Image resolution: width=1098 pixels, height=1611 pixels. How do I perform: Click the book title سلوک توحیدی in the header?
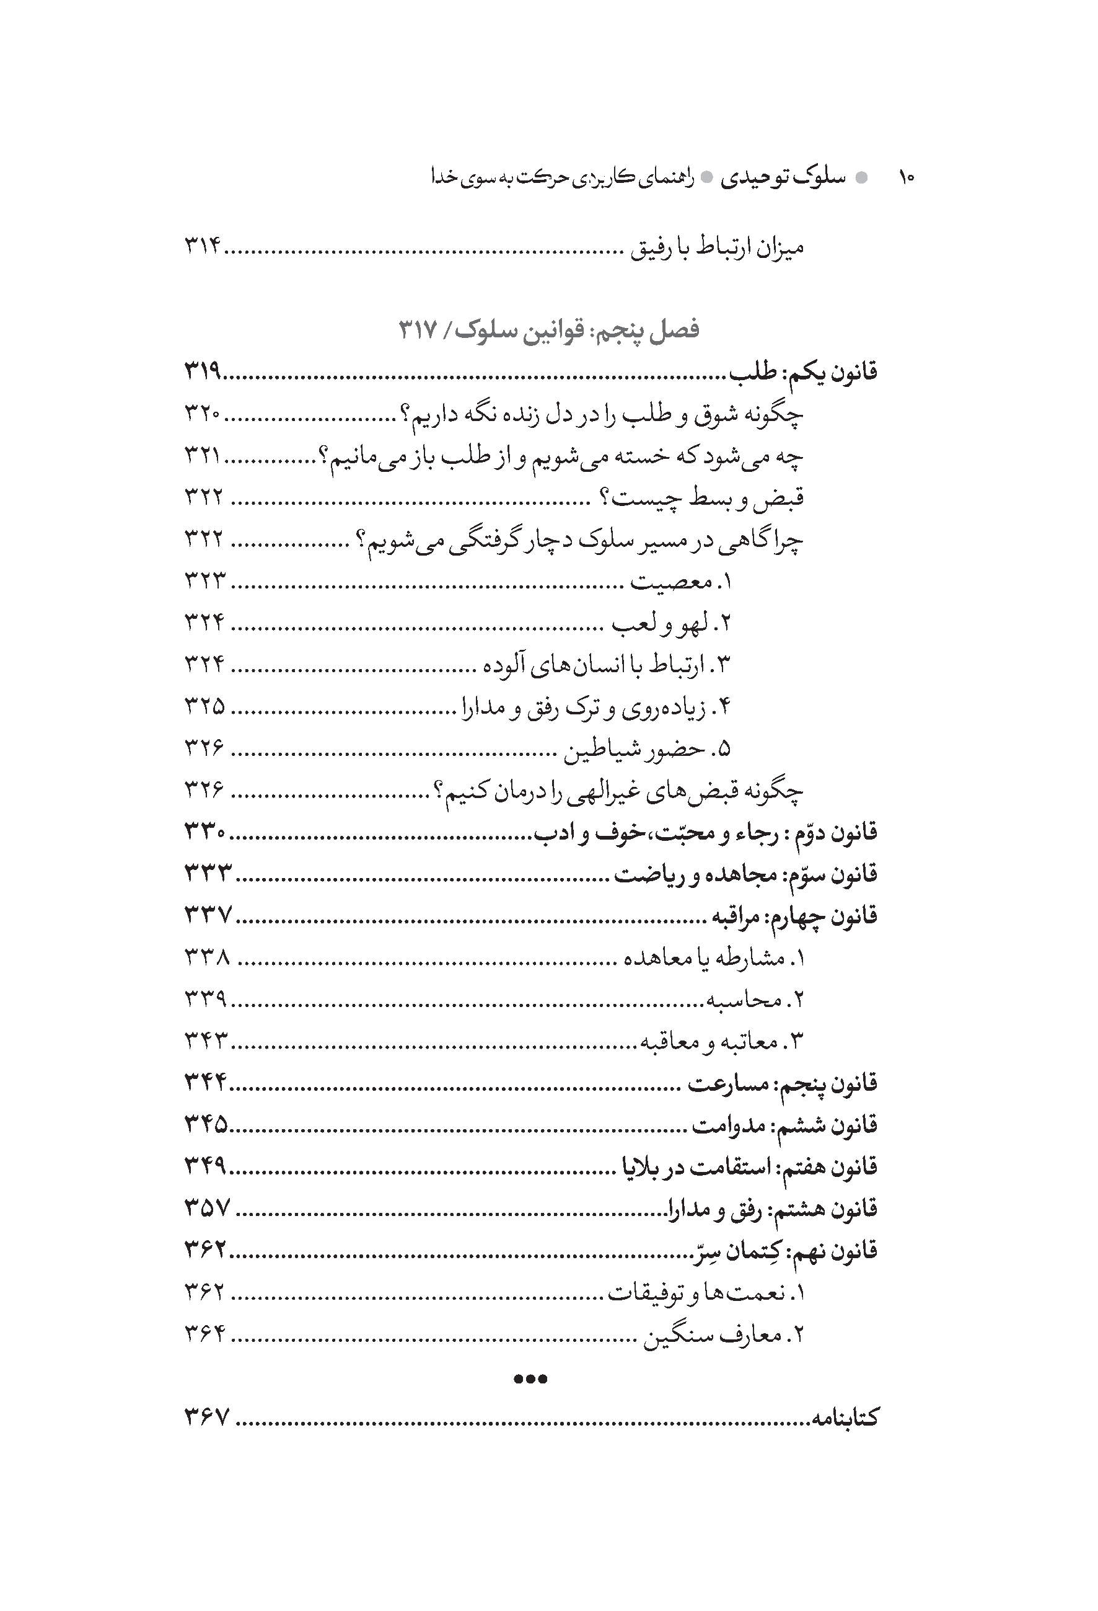tap(783, 178)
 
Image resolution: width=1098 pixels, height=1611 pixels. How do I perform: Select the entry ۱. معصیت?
tap(681, 582)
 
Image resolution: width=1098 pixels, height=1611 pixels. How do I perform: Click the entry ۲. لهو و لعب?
tap(670, 624)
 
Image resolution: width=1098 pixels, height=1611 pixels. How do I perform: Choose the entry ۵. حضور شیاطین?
tap(647, 749)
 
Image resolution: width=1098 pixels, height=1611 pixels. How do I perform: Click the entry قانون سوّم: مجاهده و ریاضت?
tap(746, 875)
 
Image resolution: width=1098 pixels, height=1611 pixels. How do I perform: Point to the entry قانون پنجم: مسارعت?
tap(783, 1083)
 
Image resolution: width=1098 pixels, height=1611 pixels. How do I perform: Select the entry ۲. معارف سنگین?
tap(723, 1335)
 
